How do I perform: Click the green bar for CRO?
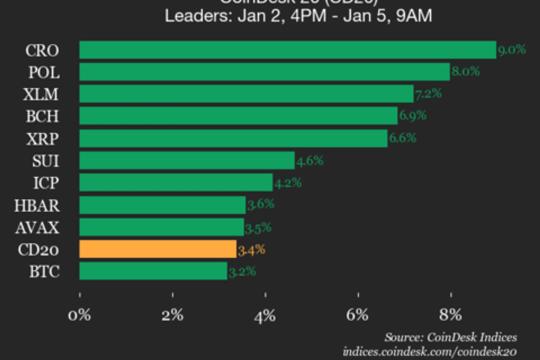point(287,50)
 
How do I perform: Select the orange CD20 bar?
point(157,248)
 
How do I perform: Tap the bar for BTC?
point(152,270)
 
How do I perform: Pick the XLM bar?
point(245,94)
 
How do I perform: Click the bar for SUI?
point(186,160)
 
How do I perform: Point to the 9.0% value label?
point(512,49)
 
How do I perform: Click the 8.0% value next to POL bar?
point(466,71)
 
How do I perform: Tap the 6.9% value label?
point(413,115)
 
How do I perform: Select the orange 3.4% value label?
point(251,248)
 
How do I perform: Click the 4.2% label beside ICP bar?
point(288,182)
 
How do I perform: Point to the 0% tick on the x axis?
point(79,315)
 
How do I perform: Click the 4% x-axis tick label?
point(265,315)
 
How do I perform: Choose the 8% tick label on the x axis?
point(451,315)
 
